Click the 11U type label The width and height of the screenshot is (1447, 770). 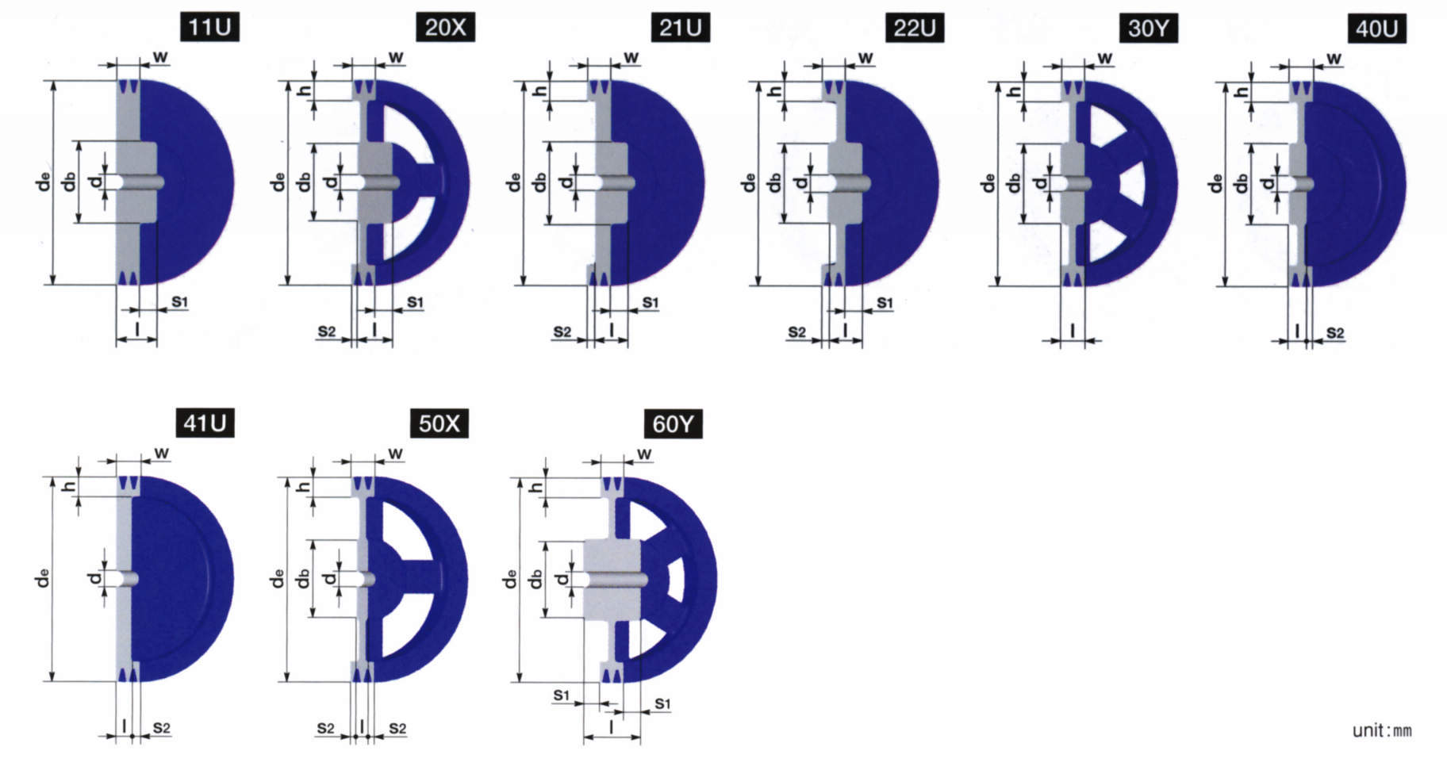tap(209, 27)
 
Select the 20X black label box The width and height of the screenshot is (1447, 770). tap(445, 27)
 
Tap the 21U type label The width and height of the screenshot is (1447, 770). tap(680, 27)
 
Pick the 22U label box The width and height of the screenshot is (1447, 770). tap(915, 28)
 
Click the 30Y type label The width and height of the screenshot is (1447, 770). tap(1149, 28)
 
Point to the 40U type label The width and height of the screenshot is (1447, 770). tap(1377, 29)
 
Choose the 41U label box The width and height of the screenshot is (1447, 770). tap(205, 423)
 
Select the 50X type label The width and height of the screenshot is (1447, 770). tap(439, 423)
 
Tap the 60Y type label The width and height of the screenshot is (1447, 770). tap(673, 424)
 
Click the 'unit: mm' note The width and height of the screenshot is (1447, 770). tap(1382, 730)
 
